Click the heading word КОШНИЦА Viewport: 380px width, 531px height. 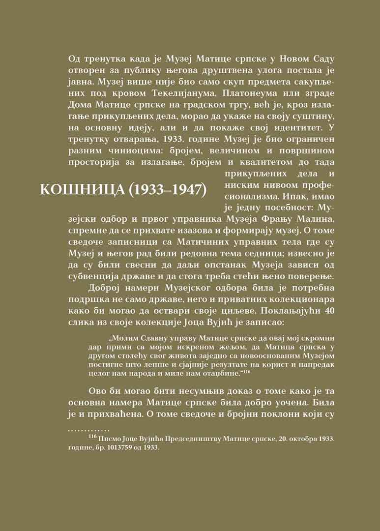(x=81, y=190)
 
